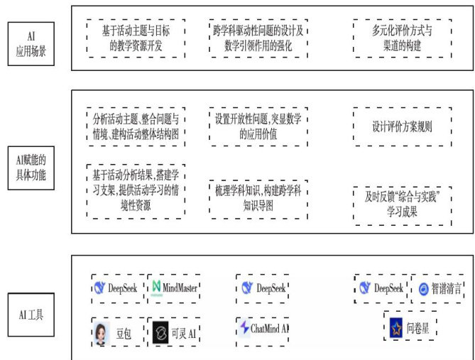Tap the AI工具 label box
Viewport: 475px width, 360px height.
click(29, 313)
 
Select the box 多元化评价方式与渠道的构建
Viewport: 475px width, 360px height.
click(402, 38)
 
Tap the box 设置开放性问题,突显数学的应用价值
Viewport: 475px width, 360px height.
click(257, 126)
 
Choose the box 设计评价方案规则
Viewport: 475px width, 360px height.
click(402, 127)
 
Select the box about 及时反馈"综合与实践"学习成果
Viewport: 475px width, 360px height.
click(402, 205)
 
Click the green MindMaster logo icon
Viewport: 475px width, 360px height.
click(157, 288)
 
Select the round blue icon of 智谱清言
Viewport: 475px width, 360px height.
click(423, 289)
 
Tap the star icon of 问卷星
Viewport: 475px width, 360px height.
click(395, 328)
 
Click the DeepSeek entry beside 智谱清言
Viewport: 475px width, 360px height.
click(381, 288)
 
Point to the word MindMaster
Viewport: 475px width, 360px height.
click(180, 288)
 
